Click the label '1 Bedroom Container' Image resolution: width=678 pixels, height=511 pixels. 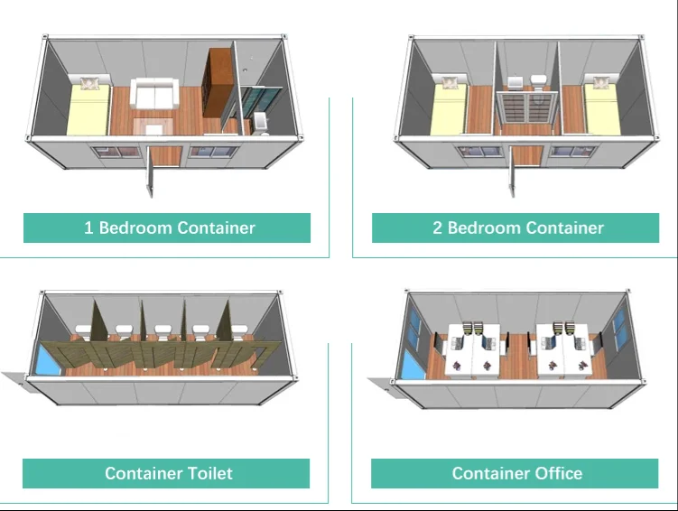(x=169, y=228)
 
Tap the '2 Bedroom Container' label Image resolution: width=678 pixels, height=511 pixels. (x=517, y=228)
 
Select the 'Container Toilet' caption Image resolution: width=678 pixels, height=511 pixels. (x=168, y=473)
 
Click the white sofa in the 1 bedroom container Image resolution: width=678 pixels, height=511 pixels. (x=153, y=93)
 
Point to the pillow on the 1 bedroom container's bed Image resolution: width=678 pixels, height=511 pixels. (x=93, y=84)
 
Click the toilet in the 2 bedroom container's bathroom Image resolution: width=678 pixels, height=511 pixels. (x=539, y=80)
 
